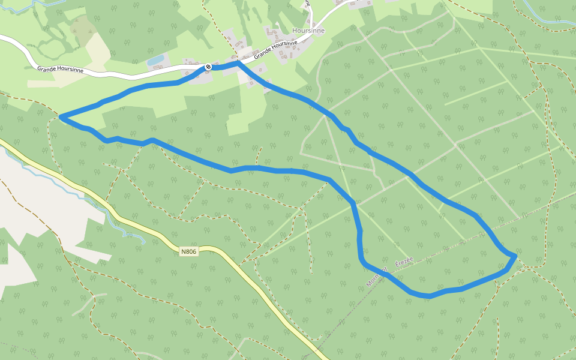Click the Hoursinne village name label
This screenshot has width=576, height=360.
tap(308, 31)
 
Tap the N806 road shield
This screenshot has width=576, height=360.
tap(188, 252)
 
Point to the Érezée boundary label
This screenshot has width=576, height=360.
tap(404, 262)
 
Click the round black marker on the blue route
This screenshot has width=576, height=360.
tap(208, 67)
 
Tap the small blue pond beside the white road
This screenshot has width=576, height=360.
tap(155, 61)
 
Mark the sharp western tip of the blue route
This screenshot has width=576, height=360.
tap(61, 116)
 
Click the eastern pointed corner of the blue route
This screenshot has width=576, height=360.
tap(515, 256)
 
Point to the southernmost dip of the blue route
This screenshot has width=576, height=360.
tap(428, 296)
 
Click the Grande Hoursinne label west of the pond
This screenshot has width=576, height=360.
tap(60, 70)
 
